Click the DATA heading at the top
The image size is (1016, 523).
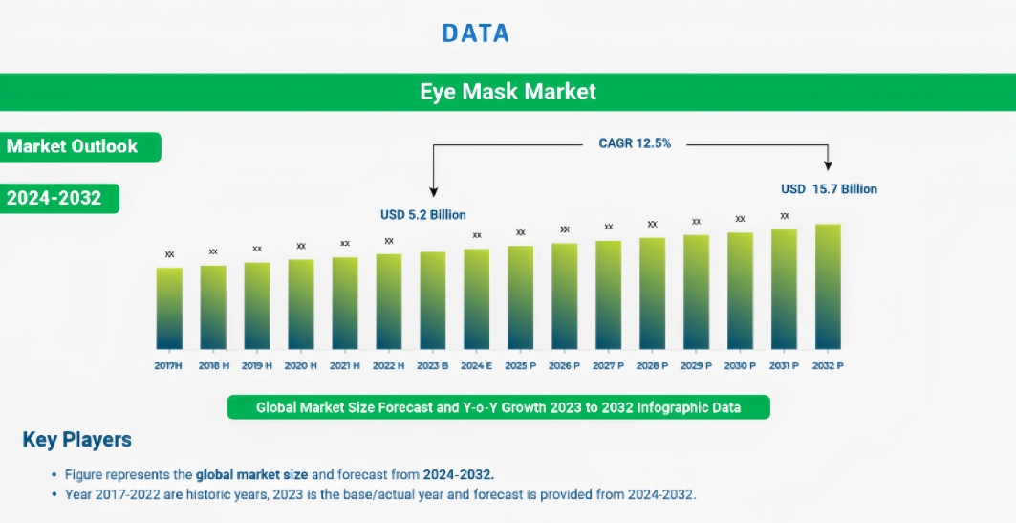475,33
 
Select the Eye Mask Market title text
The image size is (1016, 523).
508,92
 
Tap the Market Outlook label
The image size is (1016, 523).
73,146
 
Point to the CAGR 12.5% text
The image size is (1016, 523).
635,143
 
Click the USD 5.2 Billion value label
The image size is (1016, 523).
423,215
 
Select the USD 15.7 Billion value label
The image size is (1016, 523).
829,189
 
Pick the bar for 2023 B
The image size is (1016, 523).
433,300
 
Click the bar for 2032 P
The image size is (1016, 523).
828,287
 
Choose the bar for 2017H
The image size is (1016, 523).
169,308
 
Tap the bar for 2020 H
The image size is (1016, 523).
301,304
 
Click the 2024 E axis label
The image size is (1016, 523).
476,365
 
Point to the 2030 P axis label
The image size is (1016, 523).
740,365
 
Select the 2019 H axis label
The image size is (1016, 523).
257,365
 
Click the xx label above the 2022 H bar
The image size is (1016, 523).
389,241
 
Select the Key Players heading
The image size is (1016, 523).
76,440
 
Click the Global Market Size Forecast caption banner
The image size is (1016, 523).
498,407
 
